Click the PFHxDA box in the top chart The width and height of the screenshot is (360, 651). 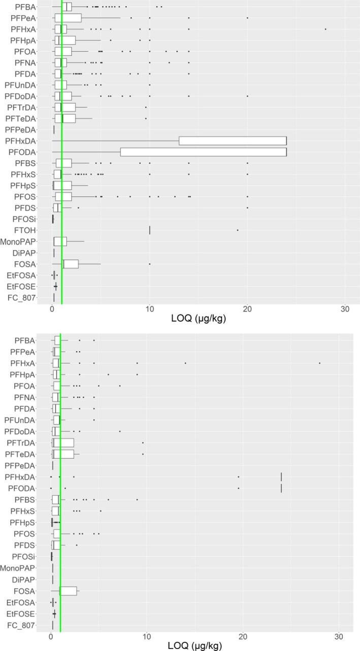pos(233,141)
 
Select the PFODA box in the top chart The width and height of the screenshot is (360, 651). pos(203,152)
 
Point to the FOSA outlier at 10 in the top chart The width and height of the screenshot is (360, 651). pos(150,264)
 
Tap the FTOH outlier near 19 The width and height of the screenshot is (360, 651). pos(238,230)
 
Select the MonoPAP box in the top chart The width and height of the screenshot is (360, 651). pos(60,241)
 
